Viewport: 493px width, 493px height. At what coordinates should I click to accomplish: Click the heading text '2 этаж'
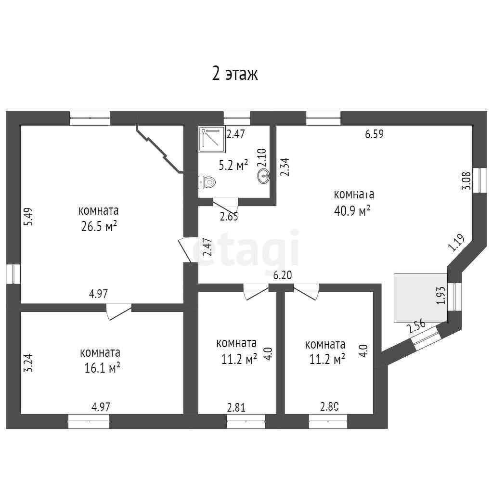[235, 74]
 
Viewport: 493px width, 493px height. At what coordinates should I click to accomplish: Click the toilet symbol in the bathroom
[207, 182]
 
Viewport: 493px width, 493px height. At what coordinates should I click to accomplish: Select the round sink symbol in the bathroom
[263, 176]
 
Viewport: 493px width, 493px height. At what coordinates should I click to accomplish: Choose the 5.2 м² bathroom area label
[234, 165]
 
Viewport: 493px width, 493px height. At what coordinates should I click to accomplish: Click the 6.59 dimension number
[375, 134]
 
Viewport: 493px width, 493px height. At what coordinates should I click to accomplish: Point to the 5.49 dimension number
[28, 216]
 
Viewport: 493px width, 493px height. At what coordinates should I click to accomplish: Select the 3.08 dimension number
[466, 180]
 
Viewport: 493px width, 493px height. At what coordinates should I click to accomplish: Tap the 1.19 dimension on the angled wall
[456, 243]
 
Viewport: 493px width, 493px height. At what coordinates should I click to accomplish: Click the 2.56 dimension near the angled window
[416, 326]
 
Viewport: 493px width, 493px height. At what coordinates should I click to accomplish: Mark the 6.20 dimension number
[282, 275]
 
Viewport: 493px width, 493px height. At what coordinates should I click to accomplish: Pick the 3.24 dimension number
[28, 363]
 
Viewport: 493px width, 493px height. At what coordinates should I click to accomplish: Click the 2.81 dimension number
[236, 407]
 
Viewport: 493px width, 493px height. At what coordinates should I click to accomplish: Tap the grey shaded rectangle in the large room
[421, 298]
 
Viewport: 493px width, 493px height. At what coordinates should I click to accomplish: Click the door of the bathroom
[225, 206]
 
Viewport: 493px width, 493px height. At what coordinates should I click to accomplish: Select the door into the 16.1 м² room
[119, 311]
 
